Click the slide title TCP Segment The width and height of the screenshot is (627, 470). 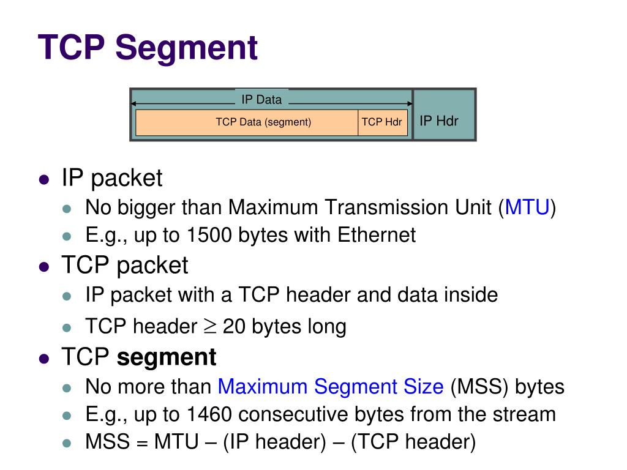click(x=148, y=48)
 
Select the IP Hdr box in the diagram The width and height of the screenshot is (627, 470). click(x=438, y=121)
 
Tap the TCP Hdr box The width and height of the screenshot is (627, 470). click(x=381, y=122)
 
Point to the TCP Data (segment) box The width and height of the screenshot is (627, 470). click(x=263, y=122)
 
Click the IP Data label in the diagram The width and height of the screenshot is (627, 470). click(x=261, y=100)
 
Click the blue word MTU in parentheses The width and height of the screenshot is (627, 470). click(x=527, y=207)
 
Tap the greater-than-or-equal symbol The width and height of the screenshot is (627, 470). click(x=209, y=326)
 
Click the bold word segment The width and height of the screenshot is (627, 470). click(x=167, y=357)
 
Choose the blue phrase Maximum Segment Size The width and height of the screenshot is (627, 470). click(x=331, y=387)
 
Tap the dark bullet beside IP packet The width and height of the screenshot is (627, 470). click(x=43, y=179)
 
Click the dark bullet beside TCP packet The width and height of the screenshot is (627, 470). click(x=43, y=266)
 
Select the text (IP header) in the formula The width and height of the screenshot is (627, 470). click(x=274, y=442)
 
